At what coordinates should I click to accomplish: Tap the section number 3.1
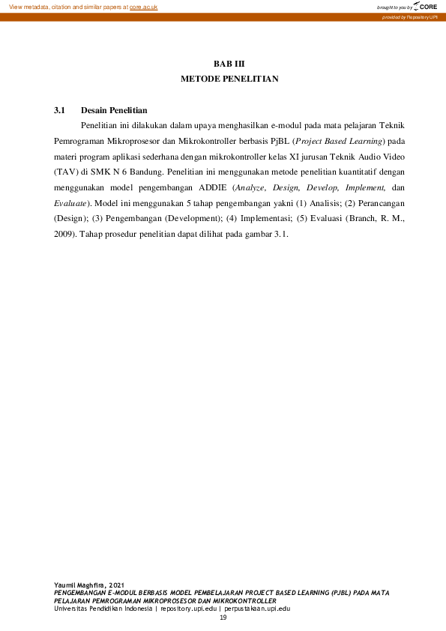61,110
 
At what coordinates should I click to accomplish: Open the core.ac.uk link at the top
143,7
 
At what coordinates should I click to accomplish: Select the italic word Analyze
268,188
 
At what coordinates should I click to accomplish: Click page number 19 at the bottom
223,617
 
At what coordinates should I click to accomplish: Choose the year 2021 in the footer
115,584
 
